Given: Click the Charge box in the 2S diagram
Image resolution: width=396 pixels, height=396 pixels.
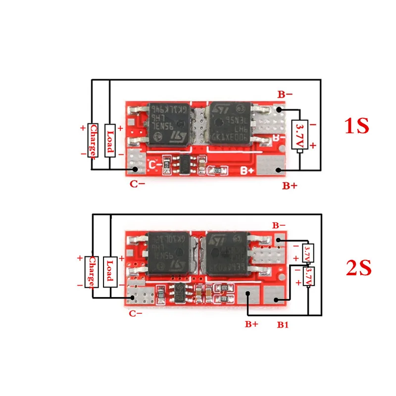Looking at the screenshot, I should click(x=93, y=271).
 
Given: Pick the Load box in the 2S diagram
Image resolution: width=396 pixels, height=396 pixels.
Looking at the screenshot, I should click(x=110, y=271).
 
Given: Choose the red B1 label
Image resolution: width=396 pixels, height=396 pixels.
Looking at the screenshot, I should click(x=283, y=325).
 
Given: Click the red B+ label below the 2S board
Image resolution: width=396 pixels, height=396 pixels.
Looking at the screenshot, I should click(x=251, y=325).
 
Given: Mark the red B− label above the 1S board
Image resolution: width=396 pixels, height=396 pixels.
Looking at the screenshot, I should click(x=284, y=93).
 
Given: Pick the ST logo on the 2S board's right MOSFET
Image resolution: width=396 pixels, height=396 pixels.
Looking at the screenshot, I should click(x=217, y=240).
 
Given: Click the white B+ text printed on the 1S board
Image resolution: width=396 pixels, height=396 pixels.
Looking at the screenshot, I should click(x=247, y=171).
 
